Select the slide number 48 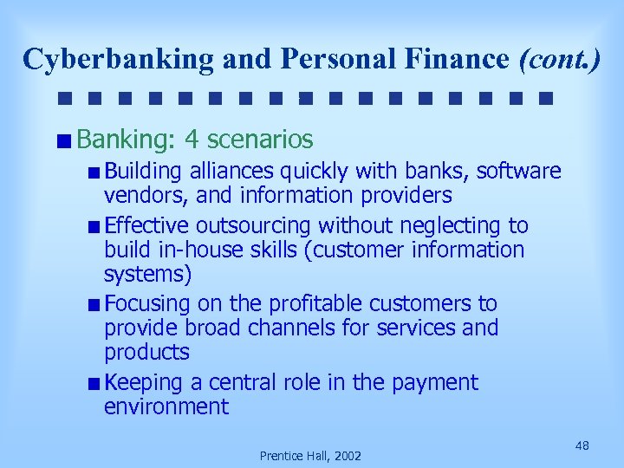(x=582, y=445)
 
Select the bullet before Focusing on (x=94, y=305)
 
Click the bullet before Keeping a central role (x=94, y=383)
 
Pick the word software (x=518, y=172)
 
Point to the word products (x=146, y=352)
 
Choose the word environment (x=166, y=406)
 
